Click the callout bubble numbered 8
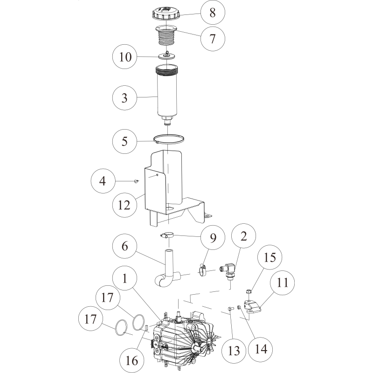213,13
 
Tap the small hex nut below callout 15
249,292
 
